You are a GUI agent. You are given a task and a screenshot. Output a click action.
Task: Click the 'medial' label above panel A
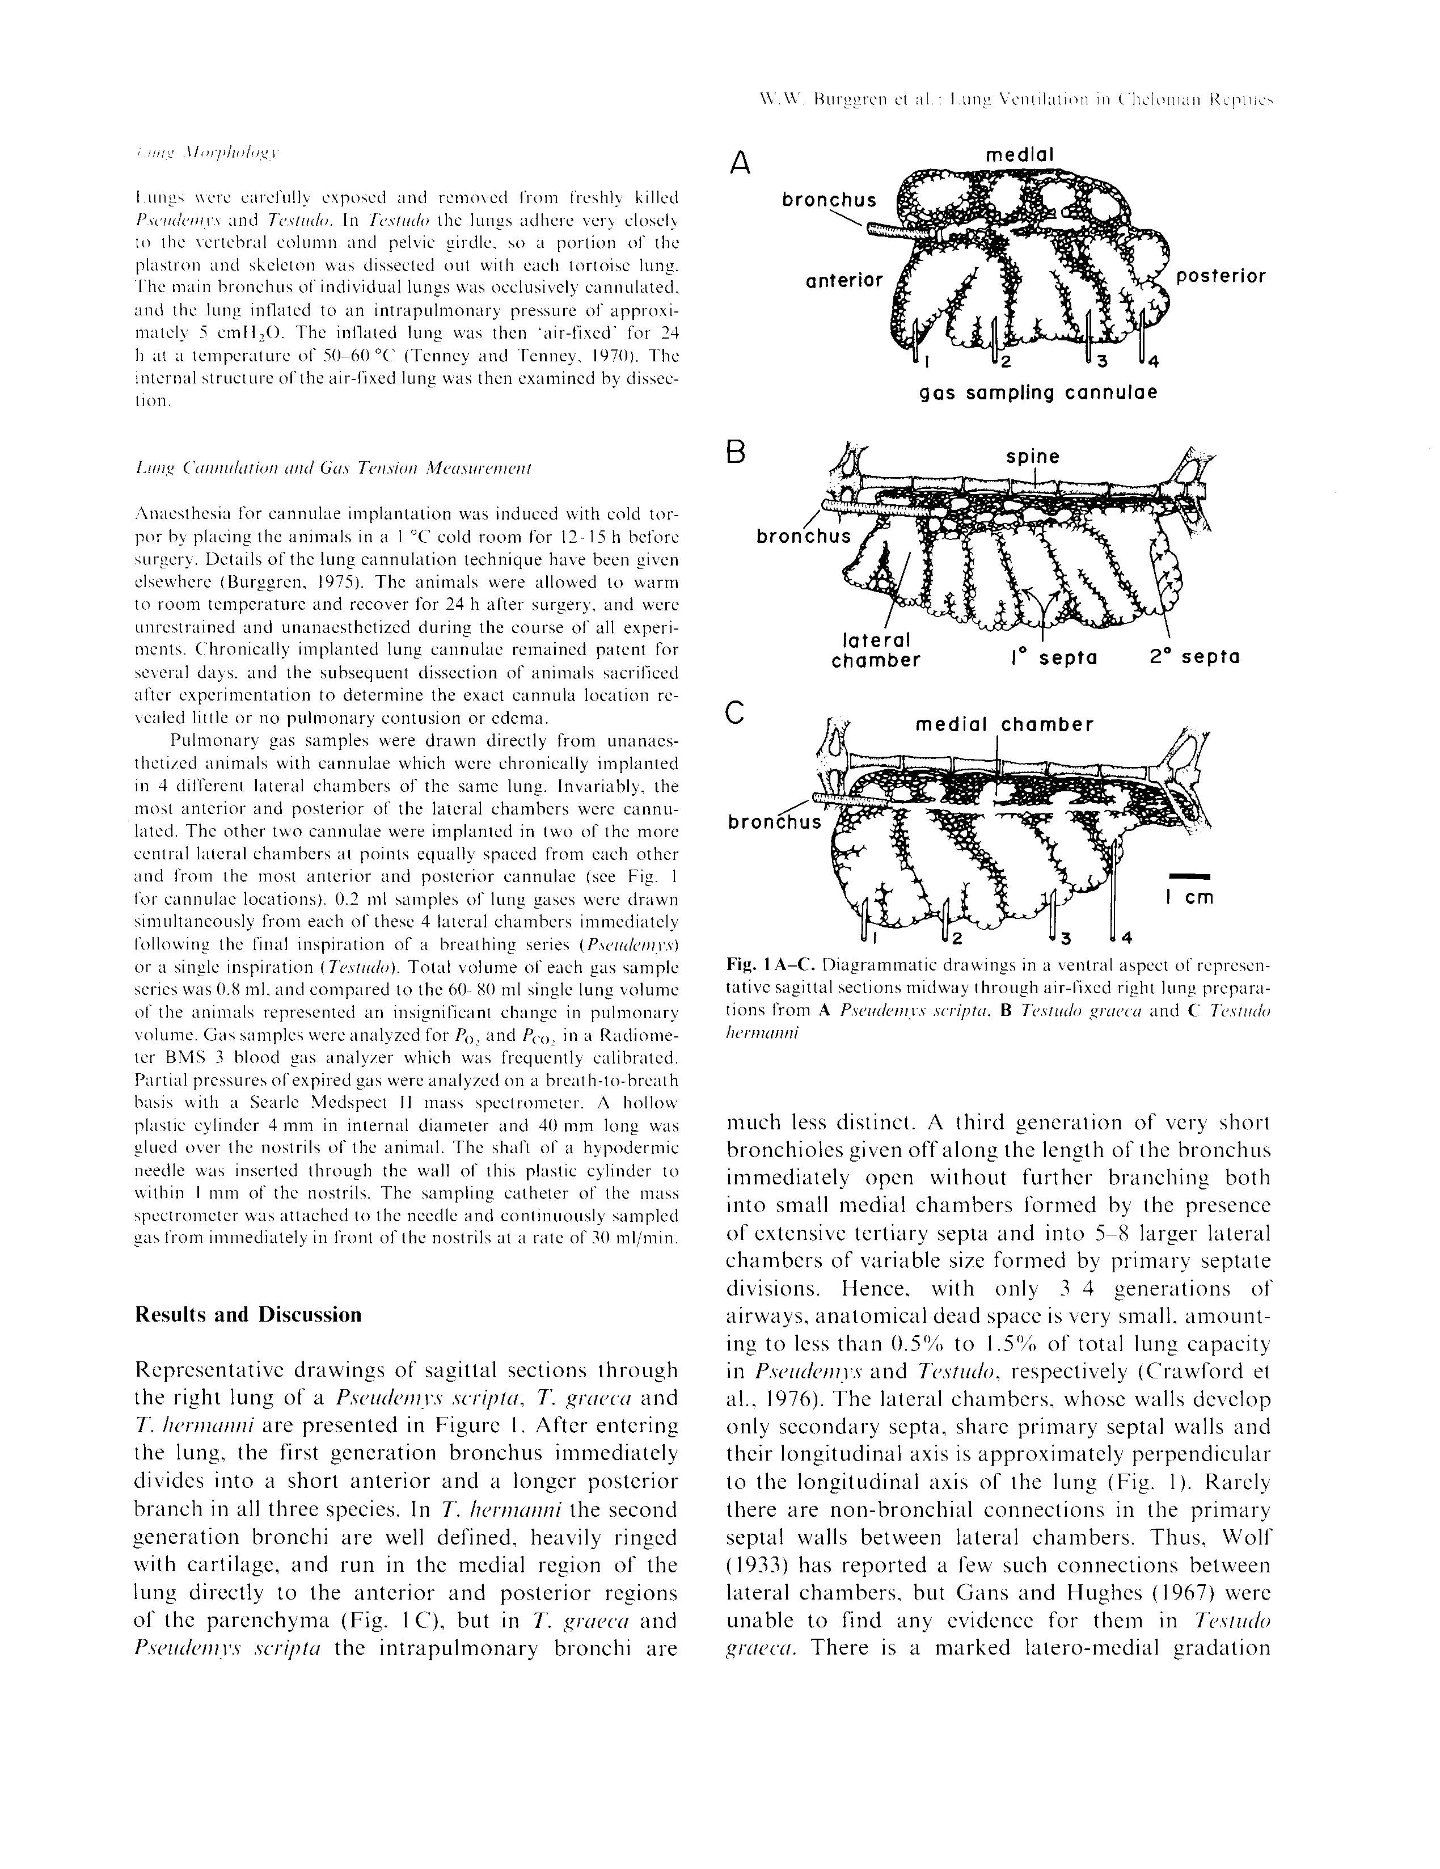1020,155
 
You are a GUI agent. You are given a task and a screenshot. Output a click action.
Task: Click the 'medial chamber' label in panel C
1004,725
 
